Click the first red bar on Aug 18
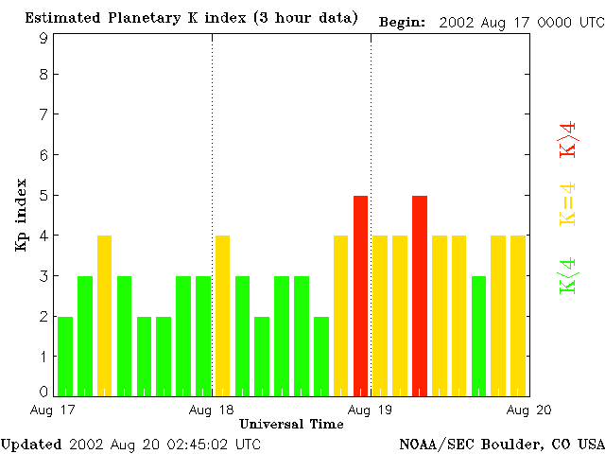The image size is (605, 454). click(360, 295)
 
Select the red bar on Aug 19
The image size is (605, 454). click(420, 295)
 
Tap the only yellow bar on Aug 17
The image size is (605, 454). click(104, 315)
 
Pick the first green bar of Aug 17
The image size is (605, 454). click(64, 356)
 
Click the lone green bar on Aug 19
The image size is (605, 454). click(479, 336)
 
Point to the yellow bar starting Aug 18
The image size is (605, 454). click(222, 315)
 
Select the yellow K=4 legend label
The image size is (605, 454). click(568, 203)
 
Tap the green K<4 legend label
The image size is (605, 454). click(568, 276)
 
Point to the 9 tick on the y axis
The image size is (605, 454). click(43, 38)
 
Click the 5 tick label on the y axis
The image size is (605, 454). click(43, 196)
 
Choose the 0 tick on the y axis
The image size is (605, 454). click(43, 392)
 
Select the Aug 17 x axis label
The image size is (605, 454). click(53, 409)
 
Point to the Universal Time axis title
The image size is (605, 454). click(291, 423)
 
